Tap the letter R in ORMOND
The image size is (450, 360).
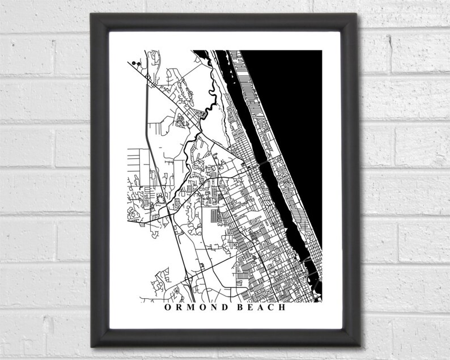click(x=178, y=309)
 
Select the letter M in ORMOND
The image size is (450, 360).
click(x=190, y=309)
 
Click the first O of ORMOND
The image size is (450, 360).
click(x=167, y=309)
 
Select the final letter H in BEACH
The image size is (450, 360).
click(x=281, y=309)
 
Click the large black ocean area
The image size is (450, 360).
click(x=295, y=113)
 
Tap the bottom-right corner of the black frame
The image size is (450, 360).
click(x=359, y=345)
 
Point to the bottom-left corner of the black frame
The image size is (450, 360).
click(x=94, y=345)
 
